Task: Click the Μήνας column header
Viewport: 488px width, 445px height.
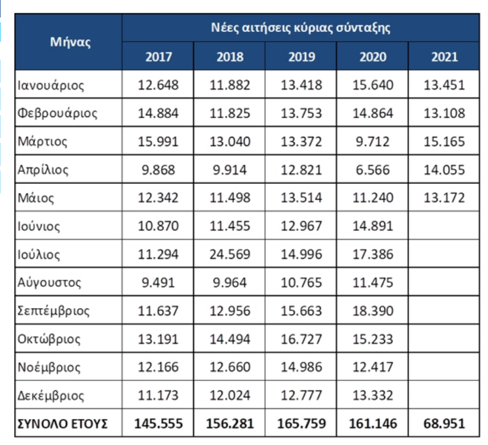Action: coord(71,42)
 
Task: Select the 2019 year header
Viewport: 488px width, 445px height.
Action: coord(302,57)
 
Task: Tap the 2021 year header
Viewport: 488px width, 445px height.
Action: coord(445,57)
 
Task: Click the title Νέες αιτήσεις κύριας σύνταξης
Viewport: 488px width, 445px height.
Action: coord(300,28)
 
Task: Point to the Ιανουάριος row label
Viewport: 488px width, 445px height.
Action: coord(51,85)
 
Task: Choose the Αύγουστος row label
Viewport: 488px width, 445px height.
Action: coord(49,283)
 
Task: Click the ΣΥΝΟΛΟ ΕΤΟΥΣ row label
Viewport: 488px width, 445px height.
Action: coord(63,424)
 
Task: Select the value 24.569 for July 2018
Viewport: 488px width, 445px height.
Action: coord(230,254)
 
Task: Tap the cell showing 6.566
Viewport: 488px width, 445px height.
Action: coord(373,170)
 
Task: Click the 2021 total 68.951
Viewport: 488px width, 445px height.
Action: coord(444,423)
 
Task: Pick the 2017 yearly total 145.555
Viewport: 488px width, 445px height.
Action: coord(159,423)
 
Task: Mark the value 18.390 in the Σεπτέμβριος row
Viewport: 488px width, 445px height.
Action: coord(373,311)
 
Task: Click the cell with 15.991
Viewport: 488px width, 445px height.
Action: coord(158,142)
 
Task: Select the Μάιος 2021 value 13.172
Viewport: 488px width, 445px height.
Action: coord(444,198)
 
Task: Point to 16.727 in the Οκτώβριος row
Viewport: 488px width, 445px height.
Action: coord(301,339)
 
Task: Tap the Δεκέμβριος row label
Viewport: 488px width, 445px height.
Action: coord(51,396)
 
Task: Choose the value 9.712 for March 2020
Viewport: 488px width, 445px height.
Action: coord(373,142)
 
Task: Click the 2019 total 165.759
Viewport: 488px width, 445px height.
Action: coord(301,423)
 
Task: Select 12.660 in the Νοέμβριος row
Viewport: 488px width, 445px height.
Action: coord(230,367)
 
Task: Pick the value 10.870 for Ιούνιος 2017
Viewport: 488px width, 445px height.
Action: coord(158,226)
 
